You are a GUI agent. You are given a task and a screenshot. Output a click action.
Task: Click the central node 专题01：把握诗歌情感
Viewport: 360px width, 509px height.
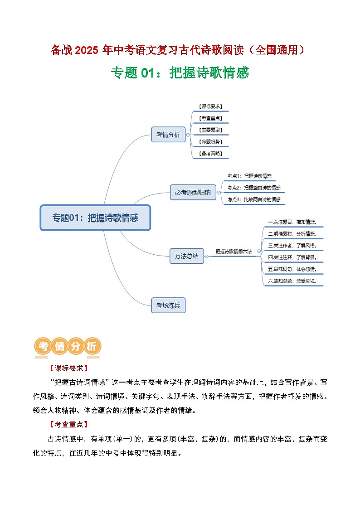(x=95, y=218)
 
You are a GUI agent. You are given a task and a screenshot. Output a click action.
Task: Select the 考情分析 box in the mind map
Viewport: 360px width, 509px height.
(x=168, y=135)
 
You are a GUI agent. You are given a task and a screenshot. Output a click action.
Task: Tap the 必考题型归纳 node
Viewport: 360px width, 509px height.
(x=193, y=192)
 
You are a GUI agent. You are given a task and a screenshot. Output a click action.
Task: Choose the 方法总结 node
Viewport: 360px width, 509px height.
(x=186, y=256)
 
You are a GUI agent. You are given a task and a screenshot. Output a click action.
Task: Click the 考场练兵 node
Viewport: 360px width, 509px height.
(x=168, y=305)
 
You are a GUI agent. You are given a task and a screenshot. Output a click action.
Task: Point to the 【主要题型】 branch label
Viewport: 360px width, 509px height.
(x=210, y=130)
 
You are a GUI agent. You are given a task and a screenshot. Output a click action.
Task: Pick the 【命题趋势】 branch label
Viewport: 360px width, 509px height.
(x=210, y=141)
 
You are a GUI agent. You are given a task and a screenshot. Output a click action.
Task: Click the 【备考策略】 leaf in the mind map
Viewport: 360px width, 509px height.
(x=210, y=154)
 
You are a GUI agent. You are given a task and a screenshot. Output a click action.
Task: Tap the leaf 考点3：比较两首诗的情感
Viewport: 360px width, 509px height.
(x=254, y=199)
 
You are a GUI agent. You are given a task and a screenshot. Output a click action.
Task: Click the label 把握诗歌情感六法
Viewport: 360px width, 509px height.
(x=234, y=251)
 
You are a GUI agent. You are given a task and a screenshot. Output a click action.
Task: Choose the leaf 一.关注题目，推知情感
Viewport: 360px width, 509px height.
(x=292, y=222)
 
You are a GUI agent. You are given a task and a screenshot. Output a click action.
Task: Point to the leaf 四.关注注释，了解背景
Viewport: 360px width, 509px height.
(x=292, y=257)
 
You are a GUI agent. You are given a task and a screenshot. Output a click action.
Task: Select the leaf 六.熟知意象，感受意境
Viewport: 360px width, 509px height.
(x=292, y=281)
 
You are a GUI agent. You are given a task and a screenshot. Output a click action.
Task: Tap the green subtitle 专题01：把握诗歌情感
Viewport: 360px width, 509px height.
(x=180, y=73)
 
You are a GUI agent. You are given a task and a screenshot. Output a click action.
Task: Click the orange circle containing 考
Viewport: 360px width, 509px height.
(x=43, y=347)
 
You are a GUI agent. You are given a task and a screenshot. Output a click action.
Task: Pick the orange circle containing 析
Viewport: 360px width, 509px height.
(x=91, y=347)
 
